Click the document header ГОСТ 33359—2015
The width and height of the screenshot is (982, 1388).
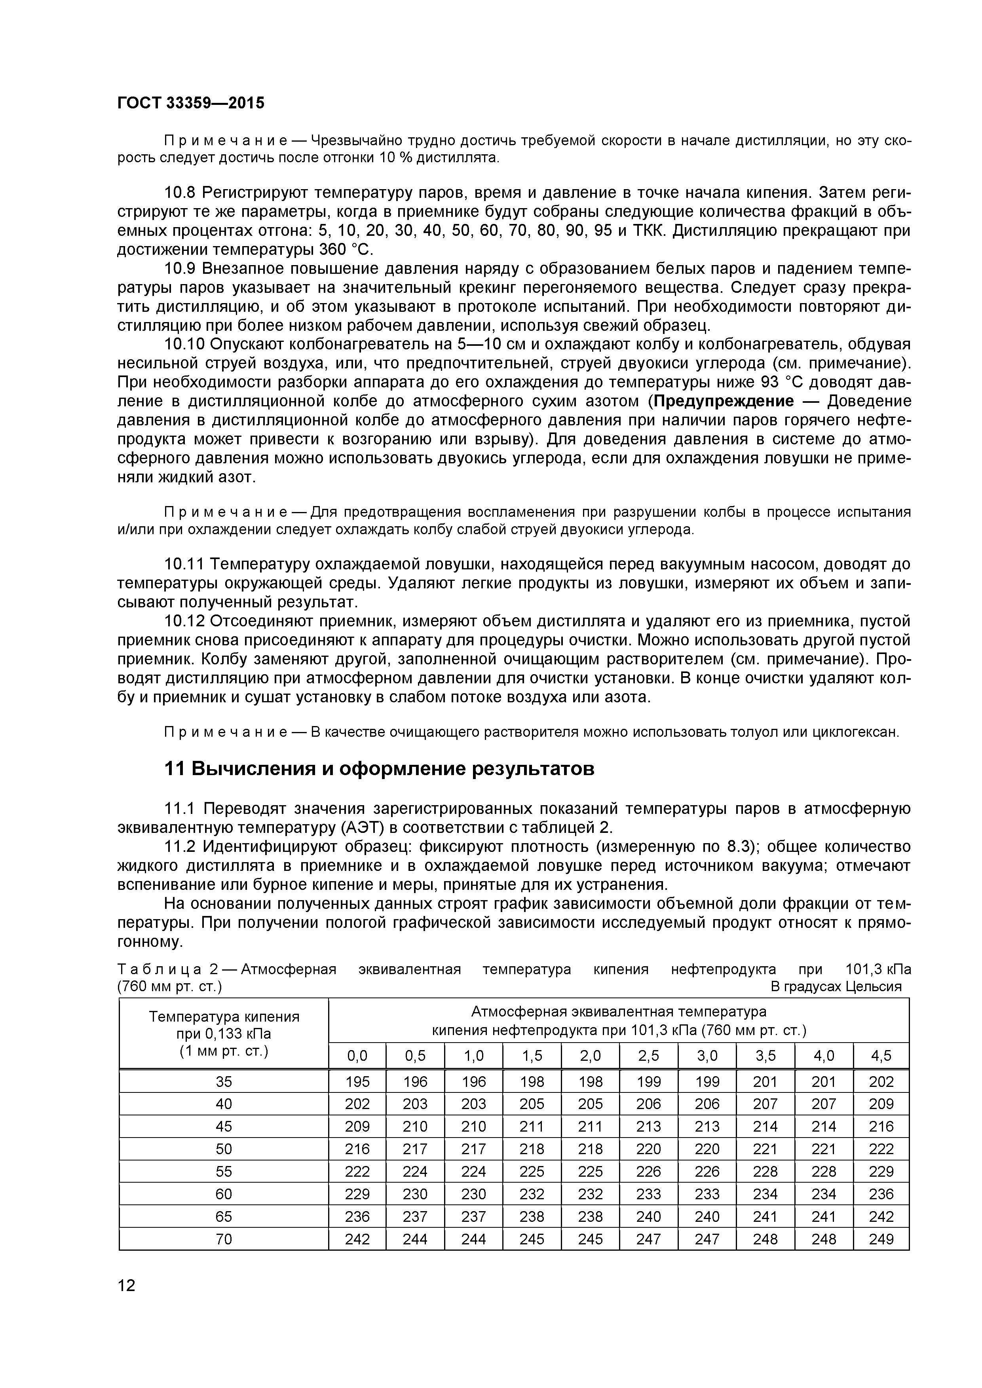[190, 103]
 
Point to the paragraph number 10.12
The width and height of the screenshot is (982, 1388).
[184, 622]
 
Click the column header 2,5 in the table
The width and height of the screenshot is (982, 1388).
[649, 1056]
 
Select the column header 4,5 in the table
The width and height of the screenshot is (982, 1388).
[881, 1056]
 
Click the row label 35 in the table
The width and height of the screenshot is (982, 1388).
[224, 1081]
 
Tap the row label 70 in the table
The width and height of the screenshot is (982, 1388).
[224, 1239]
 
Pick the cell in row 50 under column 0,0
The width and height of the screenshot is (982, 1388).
[357, 1149]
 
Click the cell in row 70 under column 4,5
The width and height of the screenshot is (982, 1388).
[881, 1239]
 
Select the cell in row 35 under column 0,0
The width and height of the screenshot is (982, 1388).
[357, 1081]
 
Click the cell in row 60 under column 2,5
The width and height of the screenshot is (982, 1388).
[649, 1194]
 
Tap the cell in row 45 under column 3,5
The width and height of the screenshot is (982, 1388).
[765, 1126]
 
